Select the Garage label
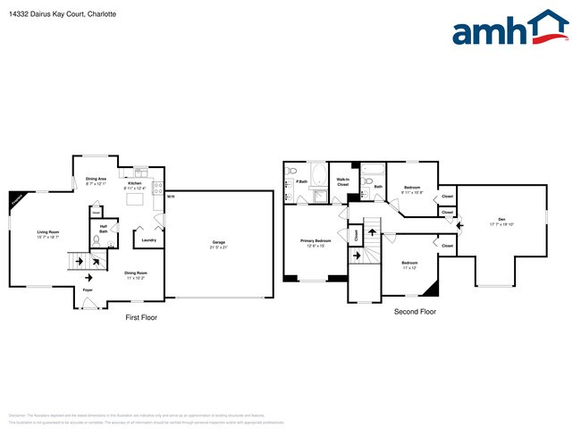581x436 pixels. pos(218,241)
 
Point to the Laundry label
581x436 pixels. pos(149,239)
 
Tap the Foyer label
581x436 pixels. pos(88,290)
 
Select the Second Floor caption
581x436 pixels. pos(415,312)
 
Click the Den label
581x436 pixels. pos(502,220)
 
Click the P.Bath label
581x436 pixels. pos(302,182)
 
